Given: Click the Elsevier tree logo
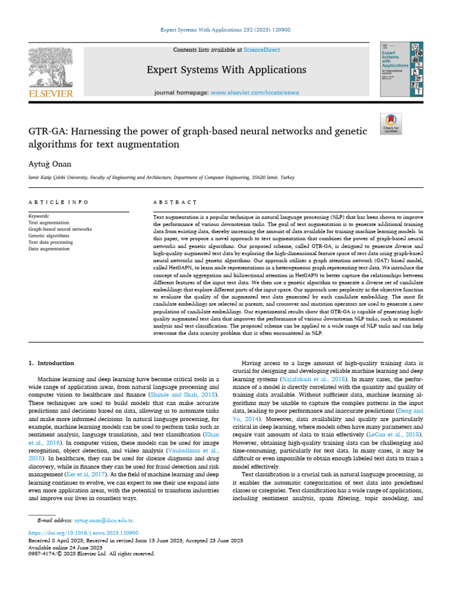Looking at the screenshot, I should click(x=50, y=67).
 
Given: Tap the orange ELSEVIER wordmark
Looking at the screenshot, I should click(x=51, y=94).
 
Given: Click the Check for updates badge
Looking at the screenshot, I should click(x=390, y=123).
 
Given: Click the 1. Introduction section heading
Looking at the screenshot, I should click(x=52, y=363).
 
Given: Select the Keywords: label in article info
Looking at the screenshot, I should click(x=39, y=216).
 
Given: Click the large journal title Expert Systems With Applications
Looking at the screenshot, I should click(x=227, y=70).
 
